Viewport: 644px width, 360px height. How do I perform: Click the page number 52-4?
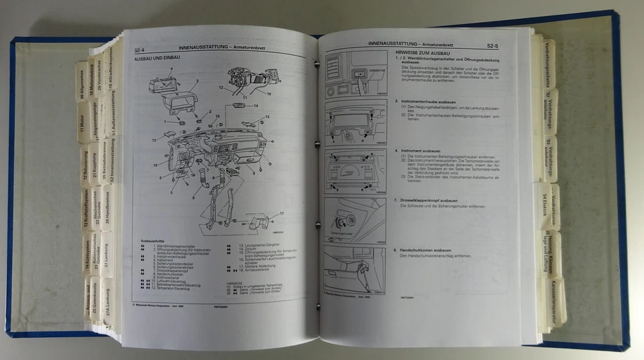pyautogui.click(x=140, y=49)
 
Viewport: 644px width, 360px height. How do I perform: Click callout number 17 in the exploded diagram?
pyautogui.click(x=282, y=213)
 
